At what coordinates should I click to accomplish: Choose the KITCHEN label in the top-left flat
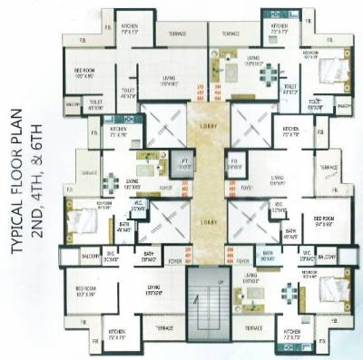(x=129, y=29)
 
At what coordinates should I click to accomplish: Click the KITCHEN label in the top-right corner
(x=279, y=27)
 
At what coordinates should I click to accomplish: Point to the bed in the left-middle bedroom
(x=79, y=209)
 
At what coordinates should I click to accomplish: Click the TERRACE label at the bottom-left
(x=164, y=326)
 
